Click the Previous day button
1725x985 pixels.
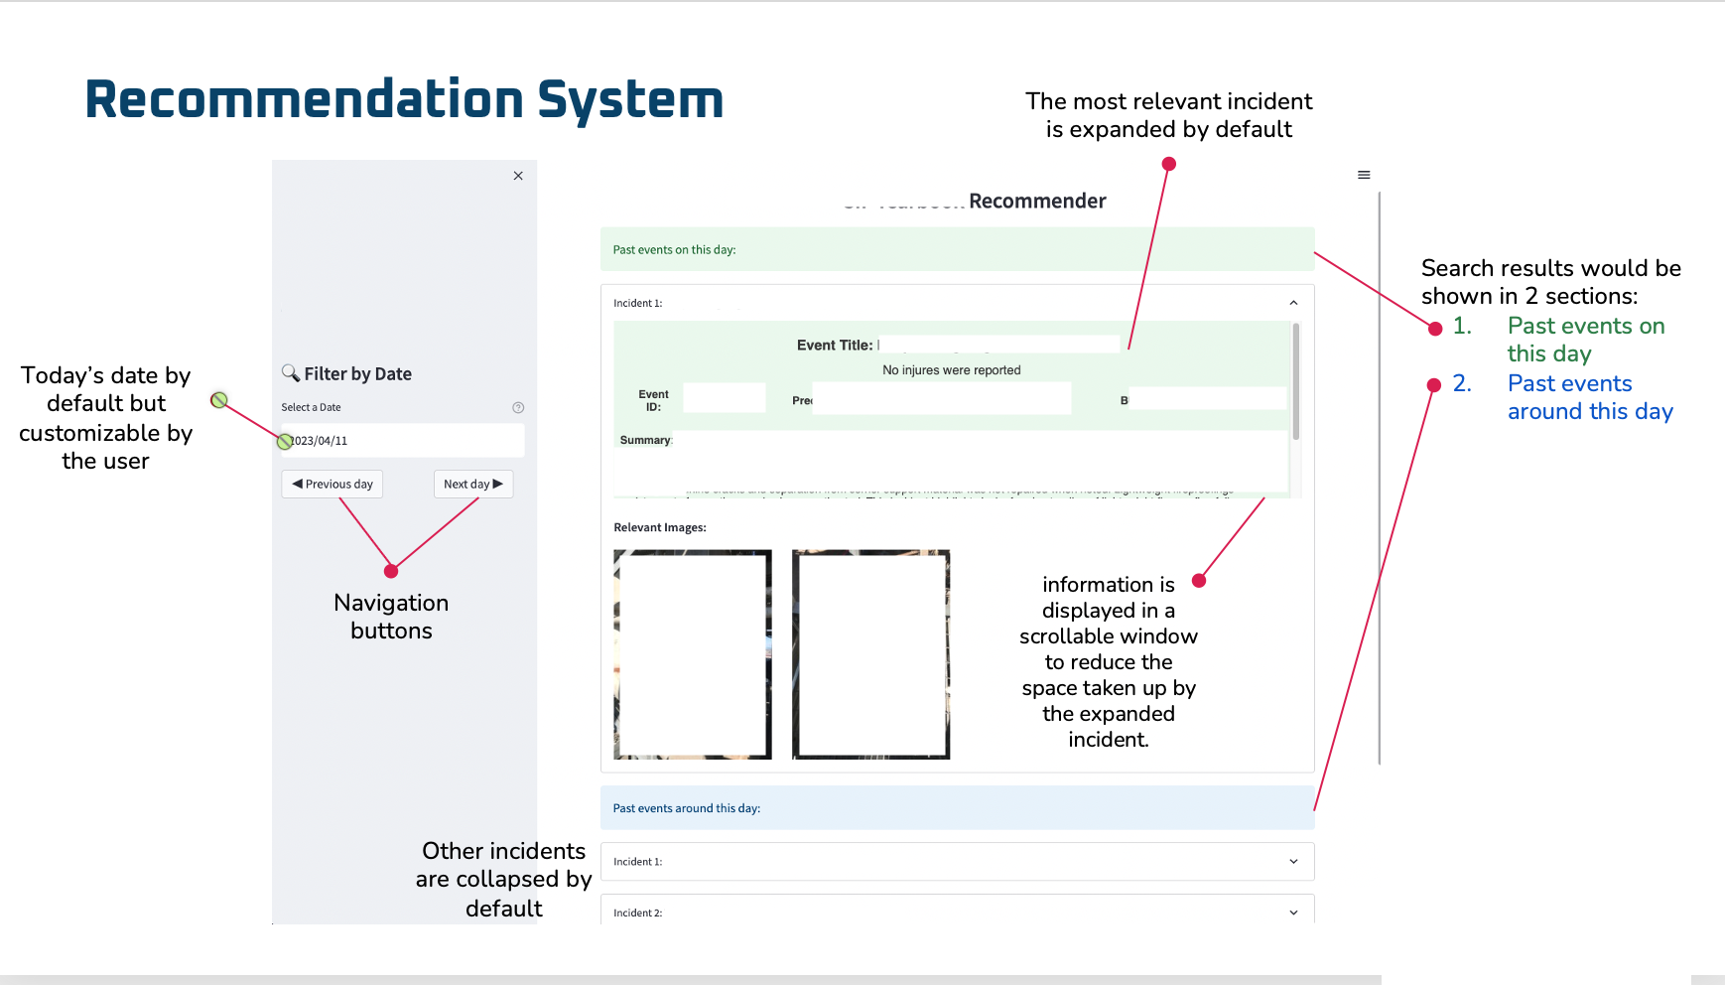(332, 485)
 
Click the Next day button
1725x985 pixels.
(473, 485)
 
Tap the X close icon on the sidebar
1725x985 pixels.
(518, 176)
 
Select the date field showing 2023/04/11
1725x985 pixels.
(402, 441)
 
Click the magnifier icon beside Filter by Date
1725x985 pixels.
(291, 373)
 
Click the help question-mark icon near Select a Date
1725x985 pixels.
(518, 408)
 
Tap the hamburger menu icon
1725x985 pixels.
(1364, 175)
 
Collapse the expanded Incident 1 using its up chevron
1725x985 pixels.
(1293, 303)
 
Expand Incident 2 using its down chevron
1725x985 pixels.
(1293, 913)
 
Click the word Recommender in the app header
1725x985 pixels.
(1037, 202)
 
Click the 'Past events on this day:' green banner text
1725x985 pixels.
(674, 250)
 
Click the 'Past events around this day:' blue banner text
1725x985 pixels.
(687, 808)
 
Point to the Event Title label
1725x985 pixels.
(835, 346)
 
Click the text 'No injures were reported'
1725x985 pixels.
(952, 370)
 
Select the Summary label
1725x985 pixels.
(645, 440)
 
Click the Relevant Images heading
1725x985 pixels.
(660, 527)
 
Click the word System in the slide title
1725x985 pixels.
(630, 100)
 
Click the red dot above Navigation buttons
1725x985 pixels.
(391, 571)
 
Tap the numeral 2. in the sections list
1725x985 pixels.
(1462, 384)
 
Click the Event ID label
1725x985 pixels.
(653, 400)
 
